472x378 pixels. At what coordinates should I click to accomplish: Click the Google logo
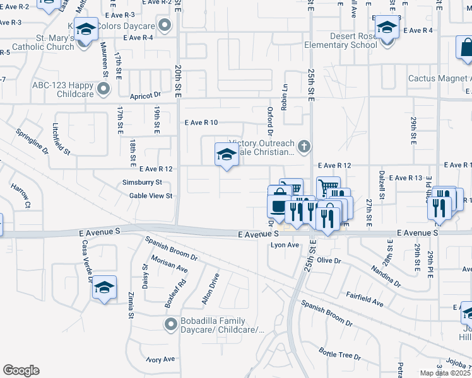(x=21, y=370)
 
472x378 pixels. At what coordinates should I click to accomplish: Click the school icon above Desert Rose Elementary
(x=386, y=28)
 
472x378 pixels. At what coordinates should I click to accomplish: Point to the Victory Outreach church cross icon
(x=304, y=147)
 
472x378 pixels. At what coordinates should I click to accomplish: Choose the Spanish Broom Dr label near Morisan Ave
(x=171, y=249)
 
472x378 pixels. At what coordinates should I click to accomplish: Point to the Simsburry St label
(x=142, y=183)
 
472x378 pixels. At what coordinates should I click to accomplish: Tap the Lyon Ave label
(x=284, y=245)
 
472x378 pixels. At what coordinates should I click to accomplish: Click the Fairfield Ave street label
(x=365, y=299)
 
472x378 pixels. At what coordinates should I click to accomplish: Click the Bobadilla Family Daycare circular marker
(x=169, y=325)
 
